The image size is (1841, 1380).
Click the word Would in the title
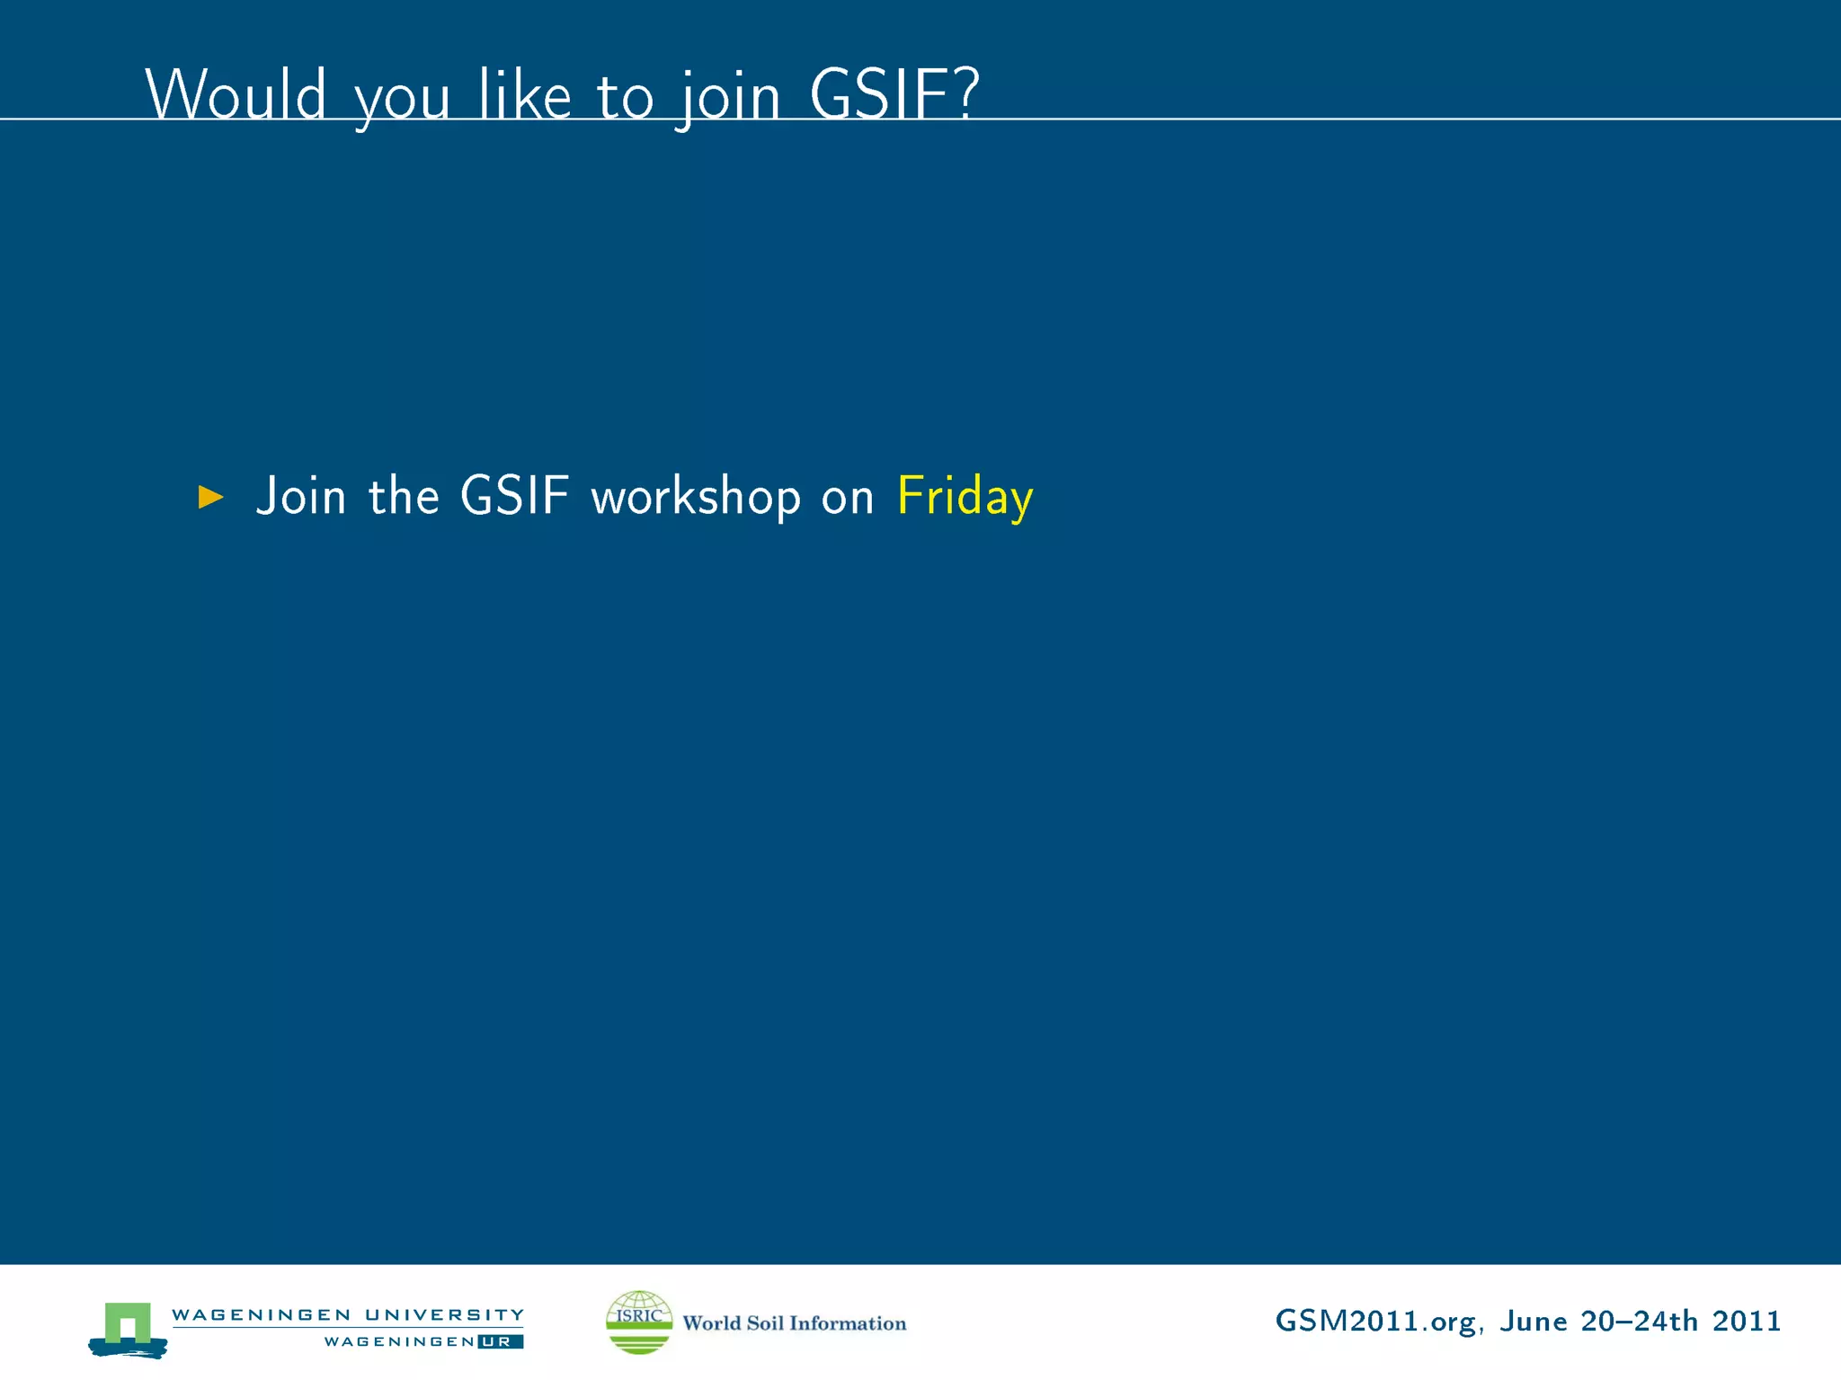pos(236,94)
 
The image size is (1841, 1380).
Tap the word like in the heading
pos(525,94)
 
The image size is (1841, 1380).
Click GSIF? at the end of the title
pos(894,94)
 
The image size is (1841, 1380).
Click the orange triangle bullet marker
pos(210,497)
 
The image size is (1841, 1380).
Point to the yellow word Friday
pos(965,497)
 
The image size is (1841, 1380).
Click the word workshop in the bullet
pos(695,497)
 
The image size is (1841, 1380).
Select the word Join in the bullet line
pos(301,497)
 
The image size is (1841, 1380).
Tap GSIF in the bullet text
pos(514,495)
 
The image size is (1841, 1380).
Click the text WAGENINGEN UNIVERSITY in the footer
pos(348,1314)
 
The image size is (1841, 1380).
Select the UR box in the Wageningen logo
pos(500,1341)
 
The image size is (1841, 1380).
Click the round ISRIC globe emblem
pos(639,1322)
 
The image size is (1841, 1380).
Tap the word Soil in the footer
pos(765,1322)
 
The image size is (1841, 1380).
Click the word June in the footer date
pos(1534,1321)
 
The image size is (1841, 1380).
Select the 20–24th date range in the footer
pos(1640,1321)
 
